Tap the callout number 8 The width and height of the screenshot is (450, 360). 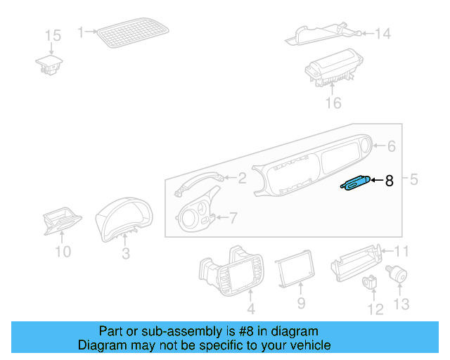(389, 181)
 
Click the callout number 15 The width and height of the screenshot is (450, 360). (53, 35)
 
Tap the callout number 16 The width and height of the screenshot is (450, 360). (333, 103)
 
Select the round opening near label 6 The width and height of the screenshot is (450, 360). (366, 146)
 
